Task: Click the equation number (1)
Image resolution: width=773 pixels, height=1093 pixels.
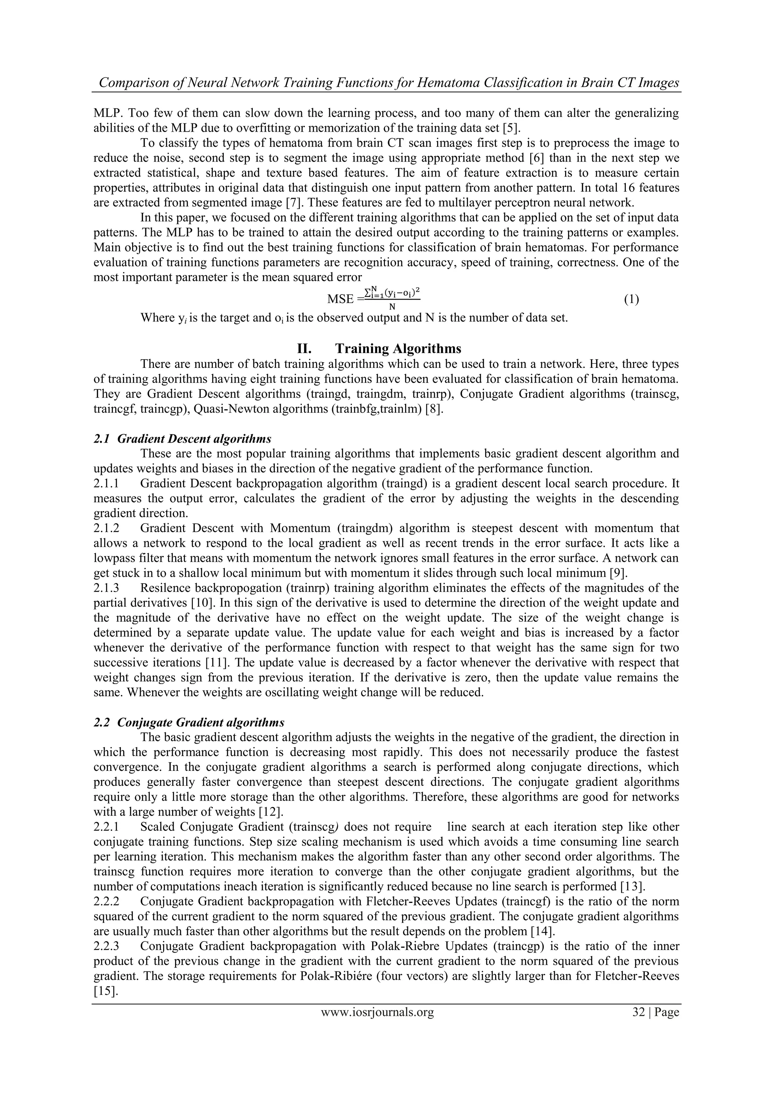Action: coord(631,300)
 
